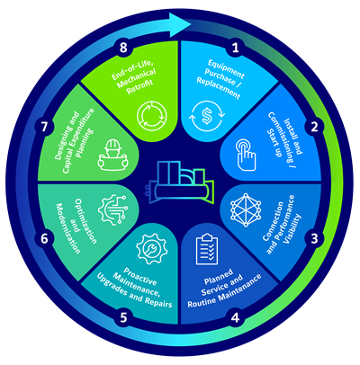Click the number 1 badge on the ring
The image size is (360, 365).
236,48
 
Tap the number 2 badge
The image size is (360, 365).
314,128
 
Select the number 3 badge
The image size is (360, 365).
314,239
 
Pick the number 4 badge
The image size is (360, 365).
236,318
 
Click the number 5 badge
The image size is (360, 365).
123,318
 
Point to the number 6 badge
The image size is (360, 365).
44,239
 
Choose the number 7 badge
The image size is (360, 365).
44,128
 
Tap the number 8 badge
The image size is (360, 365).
123,48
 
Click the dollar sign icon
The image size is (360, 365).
207,116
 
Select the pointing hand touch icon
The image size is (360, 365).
246,155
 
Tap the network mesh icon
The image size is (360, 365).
246,209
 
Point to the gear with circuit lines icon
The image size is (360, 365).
112,209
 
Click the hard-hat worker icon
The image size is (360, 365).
112,155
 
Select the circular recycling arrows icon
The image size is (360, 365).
151,116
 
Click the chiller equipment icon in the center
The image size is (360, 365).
179,183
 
